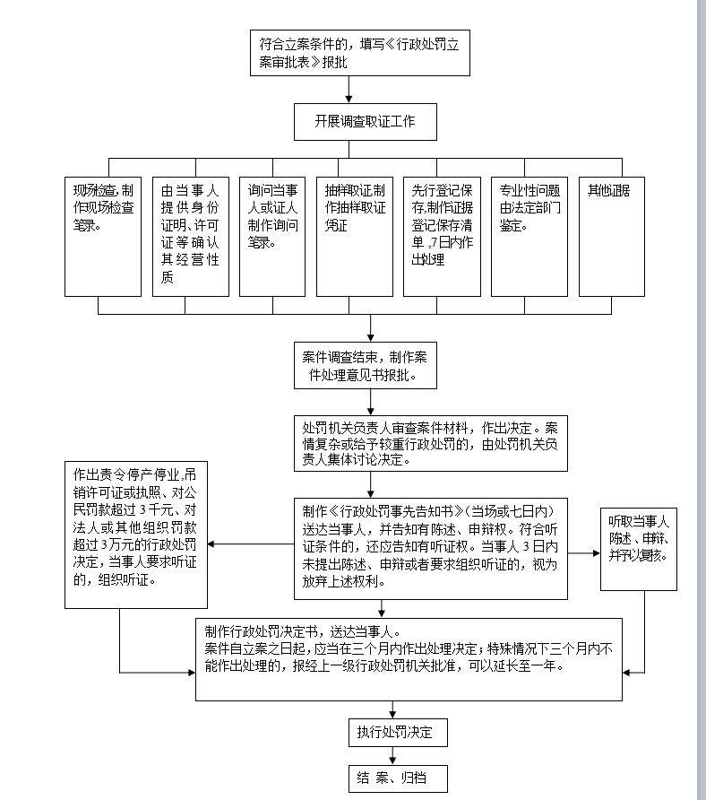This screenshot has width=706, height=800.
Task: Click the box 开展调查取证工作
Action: [x=365, y=121]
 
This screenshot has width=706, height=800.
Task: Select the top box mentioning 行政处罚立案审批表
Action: [x=359, y=53]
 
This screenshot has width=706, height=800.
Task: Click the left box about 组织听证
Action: [x=135, y=535]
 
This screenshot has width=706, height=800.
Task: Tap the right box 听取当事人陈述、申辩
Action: [x=639, y=547]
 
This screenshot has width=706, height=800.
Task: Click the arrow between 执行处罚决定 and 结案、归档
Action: [x=392, y=756]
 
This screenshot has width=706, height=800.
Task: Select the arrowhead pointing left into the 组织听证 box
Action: [x=213, y=543]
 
